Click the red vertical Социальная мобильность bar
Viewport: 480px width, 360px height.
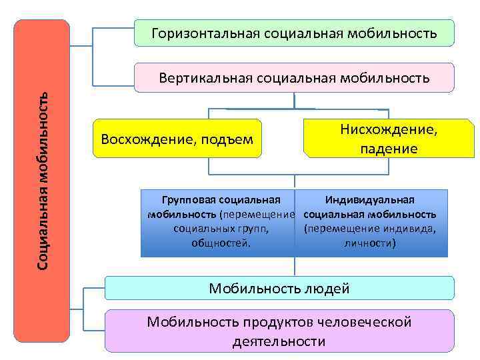pyautogui.click(x=41, y=180)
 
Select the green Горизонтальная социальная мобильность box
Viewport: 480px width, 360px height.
pyautogui.click(x=294, y=33)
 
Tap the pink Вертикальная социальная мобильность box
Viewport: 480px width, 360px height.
pyautogui.click(x=294, y=78)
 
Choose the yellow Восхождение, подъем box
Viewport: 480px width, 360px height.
pyautogui.click(x=177, y=139)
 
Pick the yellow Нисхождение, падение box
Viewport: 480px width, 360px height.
pyautogui.click(x=389, y=138)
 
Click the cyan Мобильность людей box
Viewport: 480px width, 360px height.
pyautogui.click(x=279, y=288)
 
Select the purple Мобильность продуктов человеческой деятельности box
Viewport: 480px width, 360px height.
pyautogui.click(x=279, y=331)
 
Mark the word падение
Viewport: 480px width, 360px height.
pyautogui.click(x=389, y=149)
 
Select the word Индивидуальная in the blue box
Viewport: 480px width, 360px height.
pyautogui.click(x=370, y=199)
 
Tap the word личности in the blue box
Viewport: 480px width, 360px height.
pyautogui.click(x=369, y=243)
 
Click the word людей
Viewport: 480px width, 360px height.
pyautogui.click(x=327, y=288)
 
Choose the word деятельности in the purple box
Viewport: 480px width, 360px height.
pyautogui.click(x=279, y=342)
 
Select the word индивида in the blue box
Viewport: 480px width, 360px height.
pyautogui.click(x=409, y=229)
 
